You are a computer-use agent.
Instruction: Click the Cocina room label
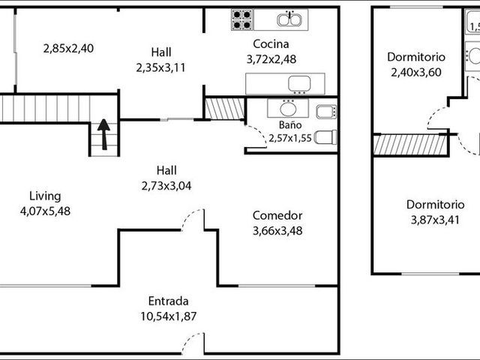[x=271, y=44]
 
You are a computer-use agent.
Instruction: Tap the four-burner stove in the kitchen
[x=242, y=19]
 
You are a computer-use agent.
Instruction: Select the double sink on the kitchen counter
[x=289, y=19]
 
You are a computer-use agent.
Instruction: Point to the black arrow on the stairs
[x=104, y=134]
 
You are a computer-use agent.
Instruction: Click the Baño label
[x=290, y=125]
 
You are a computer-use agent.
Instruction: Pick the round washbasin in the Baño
[x=288, y=108]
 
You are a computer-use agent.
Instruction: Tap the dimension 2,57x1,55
[x=290, y=138]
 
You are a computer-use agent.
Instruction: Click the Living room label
[x=45, y=196]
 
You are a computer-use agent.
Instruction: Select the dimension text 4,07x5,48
[x=45, y=211]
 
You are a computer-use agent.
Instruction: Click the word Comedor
[x=277, y=215]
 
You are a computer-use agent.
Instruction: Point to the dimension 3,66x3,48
[x=277, y=231]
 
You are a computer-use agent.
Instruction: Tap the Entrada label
[x=168, y=301]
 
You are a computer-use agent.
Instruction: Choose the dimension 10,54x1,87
[x=168, y=316]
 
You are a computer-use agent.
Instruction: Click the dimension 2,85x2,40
[x=68, y=49]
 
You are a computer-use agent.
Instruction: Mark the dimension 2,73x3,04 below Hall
[x=166, y=186]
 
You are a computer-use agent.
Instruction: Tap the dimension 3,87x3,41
[x=435, y=220]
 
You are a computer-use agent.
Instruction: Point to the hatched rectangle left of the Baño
[x=225, y=109]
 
